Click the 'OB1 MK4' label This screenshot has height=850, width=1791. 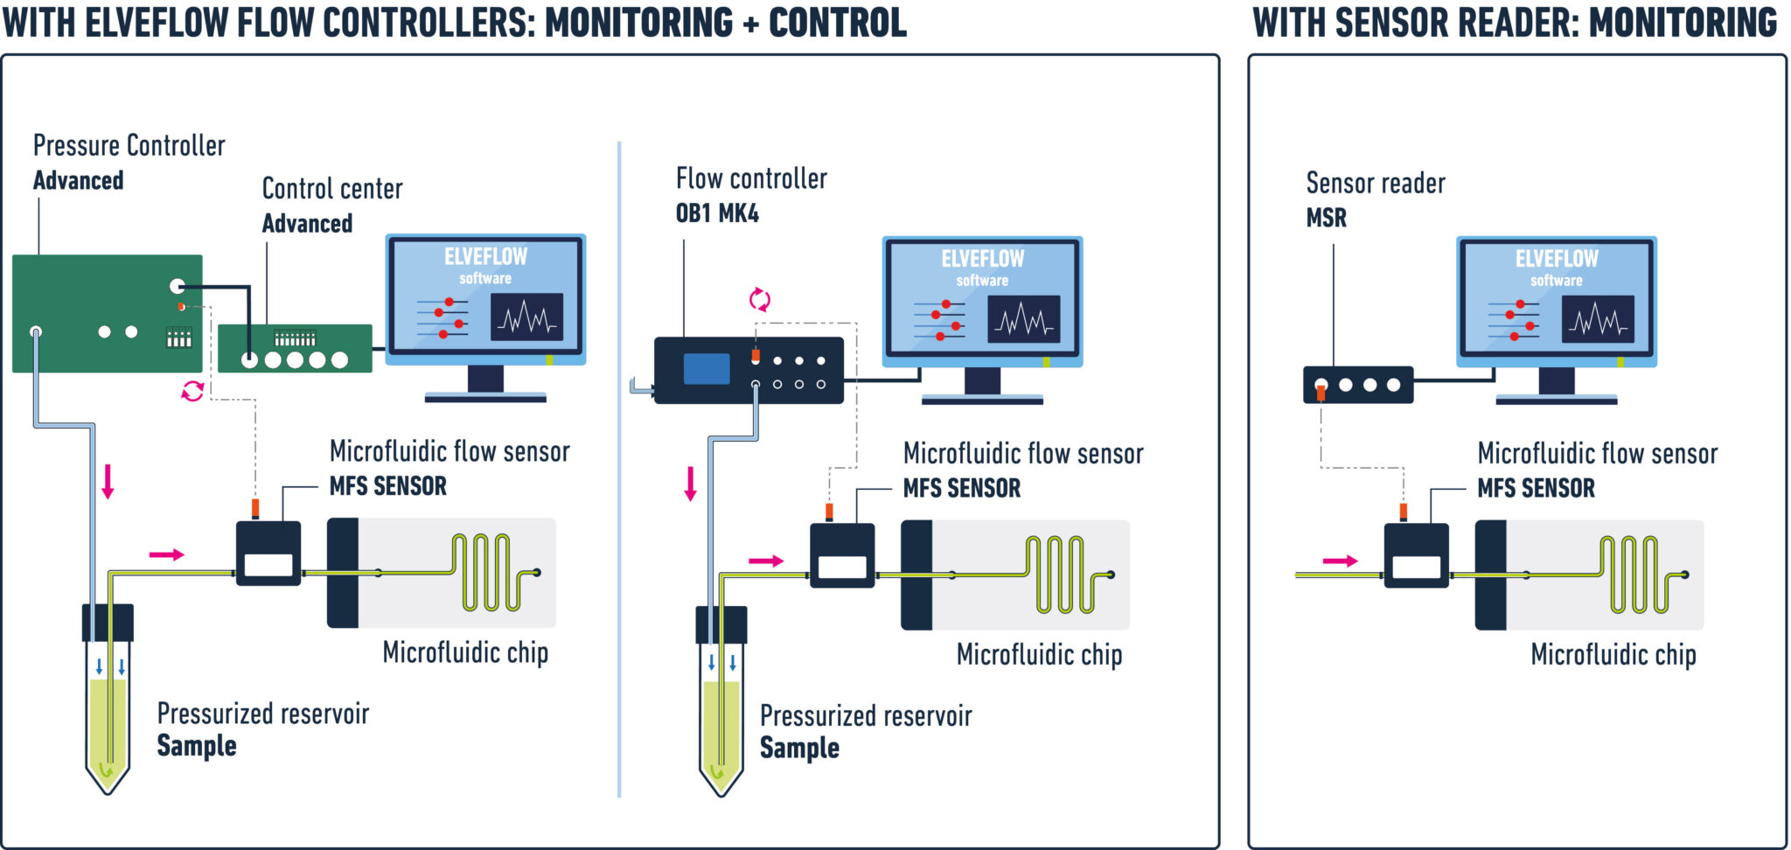(717, 213)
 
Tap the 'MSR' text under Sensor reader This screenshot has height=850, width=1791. (1326, 218)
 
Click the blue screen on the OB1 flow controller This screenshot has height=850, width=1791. (706, 368)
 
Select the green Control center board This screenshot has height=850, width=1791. (295, 348)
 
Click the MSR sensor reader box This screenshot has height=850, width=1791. (1357, 385)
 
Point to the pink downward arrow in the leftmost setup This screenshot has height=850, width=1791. (108, 481)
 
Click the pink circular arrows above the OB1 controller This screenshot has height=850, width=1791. (759, 300)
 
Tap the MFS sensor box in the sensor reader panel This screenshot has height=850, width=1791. (1416, 555)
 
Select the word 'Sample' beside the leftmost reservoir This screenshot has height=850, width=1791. (197, 746)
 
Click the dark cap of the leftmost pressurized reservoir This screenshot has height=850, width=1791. (108, 623)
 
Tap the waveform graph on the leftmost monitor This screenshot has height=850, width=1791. (526, 317)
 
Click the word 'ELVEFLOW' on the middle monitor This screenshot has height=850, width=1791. (982, 259)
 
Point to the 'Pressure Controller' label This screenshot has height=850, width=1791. (129, 145)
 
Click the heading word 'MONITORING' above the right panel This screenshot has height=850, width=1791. (1683, 23)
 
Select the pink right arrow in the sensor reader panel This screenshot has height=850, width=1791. (1340, 561)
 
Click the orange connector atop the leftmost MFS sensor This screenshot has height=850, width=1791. (255, 508)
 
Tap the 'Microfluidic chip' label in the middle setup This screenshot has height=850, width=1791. (1039, 655)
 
